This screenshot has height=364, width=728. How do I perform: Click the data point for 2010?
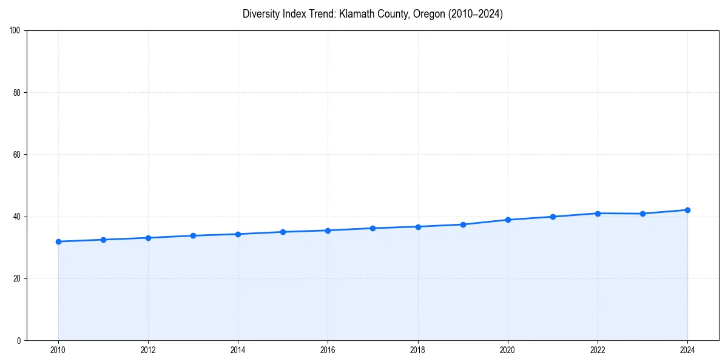[x=58, y=241]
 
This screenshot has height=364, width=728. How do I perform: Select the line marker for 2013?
[x=193, y=235]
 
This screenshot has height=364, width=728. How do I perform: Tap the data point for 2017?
[x=373, y=228]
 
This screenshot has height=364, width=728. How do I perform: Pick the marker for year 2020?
[x=508, y=220]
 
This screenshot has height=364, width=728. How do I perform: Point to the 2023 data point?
[x=642, y=214]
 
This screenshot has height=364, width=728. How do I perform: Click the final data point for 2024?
[x=687, y=210]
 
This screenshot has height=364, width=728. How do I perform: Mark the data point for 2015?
[x=283, y=232]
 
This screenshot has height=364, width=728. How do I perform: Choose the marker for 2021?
[x=553, y=217]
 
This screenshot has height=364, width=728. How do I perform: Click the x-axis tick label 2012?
[x=148, y=350]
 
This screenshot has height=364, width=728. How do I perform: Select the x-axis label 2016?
[x=328, y=350]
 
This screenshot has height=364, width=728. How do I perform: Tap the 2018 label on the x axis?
[x=417, y=350]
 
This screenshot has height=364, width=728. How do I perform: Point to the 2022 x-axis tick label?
[x=598, y=350]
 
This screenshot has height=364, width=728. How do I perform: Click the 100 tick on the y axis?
[x=16, y=31]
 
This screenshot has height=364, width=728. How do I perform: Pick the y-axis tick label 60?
[x=18, y=155]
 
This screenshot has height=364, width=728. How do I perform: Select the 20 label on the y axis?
[x=18, y=278]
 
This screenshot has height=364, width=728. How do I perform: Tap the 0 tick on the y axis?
[x=19, y=340]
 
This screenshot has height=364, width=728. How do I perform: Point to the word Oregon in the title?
[x=428, y=14]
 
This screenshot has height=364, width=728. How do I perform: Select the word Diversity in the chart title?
[x=261, y=14]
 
